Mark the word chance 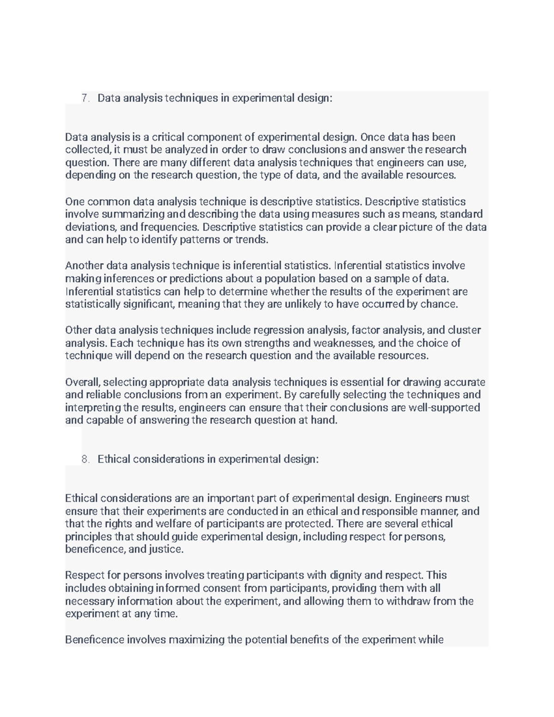(x=441, y=304)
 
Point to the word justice (x=165, y=549)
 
